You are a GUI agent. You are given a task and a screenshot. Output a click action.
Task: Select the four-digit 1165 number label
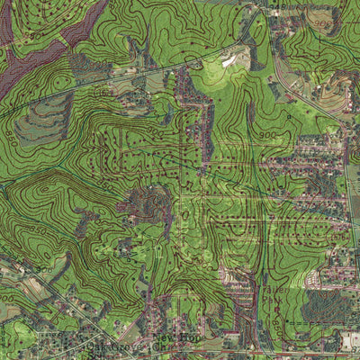pyautogui.click(x=103, y=91)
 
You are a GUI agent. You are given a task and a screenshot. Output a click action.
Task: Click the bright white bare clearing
pyautogui.click(x=230, y=59)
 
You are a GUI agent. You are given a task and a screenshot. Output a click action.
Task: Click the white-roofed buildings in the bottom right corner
pyautogui.click(x=349, y=340)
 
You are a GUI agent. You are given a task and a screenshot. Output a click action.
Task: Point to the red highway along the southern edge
pyautogui.click(x=270, y=353)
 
